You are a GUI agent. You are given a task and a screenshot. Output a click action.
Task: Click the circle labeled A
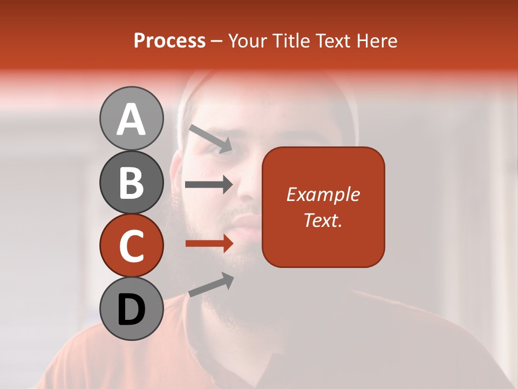pyautogui.click(x=131, y=118)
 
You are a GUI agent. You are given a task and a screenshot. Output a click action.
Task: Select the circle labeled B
pyautogui.click(x=131, y=182)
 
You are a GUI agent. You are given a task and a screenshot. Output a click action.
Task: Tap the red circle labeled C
pyautogui.click(x=131, y=246)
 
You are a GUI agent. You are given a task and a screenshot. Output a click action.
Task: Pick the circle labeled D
pyautogui.click(x=131, y=309)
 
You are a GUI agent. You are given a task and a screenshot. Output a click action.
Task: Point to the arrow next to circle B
pyautogui.click(x=208, y=185)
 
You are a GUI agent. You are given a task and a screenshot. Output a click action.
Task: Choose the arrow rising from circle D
pyautogui.click(x=211, y=285)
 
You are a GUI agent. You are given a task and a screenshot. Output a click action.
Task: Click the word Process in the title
pyautogui.click(x=169, y=41)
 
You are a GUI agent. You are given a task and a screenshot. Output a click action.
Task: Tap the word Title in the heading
pyautogui.click(x=291, y=41)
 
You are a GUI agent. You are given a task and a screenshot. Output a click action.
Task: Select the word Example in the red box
pyautogui.click(x=323, y=194)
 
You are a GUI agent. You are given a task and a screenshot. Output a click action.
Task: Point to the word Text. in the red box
pyautogui.click(x=323, y=220)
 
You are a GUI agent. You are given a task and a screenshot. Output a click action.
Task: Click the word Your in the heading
pyautogui.click(x=247, y=41)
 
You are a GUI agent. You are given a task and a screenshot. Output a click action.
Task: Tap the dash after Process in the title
pyautogui.click(x=217, y=41)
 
